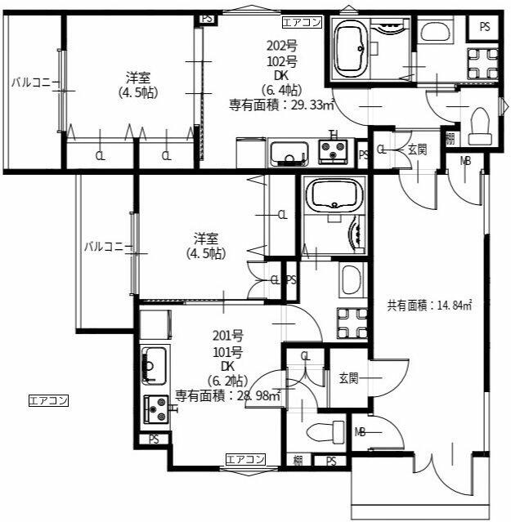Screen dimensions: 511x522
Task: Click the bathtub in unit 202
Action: point(351,50)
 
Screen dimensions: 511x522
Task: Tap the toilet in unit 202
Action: point(480,126)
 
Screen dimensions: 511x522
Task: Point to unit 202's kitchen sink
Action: point(289,154)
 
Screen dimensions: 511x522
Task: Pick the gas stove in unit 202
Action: point(333,151)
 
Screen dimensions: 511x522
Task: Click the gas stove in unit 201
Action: point(156,409)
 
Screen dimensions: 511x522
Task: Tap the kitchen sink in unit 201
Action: point(154,364)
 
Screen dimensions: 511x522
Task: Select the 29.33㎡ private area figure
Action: point(313,105)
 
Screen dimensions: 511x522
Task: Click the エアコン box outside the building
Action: point(48,400)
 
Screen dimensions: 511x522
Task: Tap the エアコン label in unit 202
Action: point(303,22)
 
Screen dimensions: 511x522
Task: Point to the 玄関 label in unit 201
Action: point(349,378)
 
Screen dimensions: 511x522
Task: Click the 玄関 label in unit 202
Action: point(418,149)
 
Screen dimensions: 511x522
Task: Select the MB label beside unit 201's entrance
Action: point(360,432)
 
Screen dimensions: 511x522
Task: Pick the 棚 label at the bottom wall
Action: point(298,461)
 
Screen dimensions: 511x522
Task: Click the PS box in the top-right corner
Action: point(485,27)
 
